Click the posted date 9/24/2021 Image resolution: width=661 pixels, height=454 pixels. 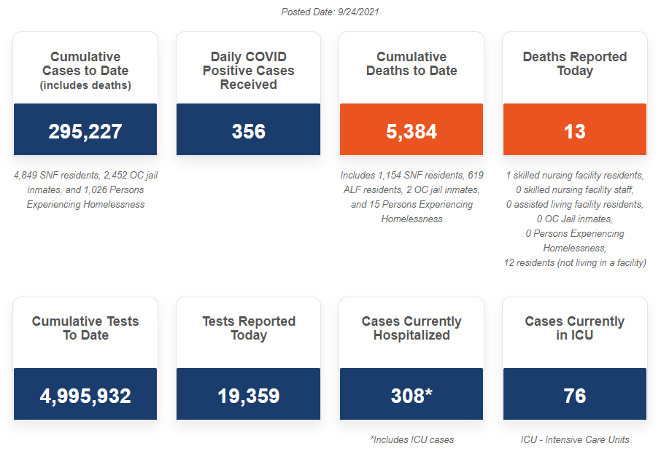(x=330, y=12)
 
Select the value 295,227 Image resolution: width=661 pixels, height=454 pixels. (x=85, y=131)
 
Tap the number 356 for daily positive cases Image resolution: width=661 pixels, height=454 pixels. (x=248, y=131)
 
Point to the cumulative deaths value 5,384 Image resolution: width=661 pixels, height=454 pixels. (x=411, y=131)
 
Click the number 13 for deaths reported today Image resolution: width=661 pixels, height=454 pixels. (x=575, y=131)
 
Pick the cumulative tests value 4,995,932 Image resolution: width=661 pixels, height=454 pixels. (x=85, y=396)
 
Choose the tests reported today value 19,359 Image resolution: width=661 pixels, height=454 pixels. (x=248, y=396)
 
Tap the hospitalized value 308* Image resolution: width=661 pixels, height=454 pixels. (x=411, y=396)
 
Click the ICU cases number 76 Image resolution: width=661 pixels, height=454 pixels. (x=575, y=396)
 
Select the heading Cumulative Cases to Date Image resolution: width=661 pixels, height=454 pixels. (x=85, y=63)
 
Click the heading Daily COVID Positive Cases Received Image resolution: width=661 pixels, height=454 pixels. (x=248, y=71)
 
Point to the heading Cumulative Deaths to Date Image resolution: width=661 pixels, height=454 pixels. (x=411, y=63)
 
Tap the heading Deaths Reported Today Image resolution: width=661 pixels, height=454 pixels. (x=575, y=63)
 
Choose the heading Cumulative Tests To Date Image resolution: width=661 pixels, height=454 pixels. (x=85, y=328)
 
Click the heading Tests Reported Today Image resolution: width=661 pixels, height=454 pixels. (x=248, y=328)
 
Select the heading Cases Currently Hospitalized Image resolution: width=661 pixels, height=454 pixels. (x=411, y=328)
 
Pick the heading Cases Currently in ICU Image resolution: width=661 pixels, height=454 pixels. (x=575, y=328)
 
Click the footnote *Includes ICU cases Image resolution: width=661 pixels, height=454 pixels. (x=411, y=439)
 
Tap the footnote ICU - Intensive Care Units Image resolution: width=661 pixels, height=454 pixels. (x=575, y=439)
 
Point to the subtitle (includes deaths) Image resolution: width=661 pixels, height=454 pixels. (x=85, y=85)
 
